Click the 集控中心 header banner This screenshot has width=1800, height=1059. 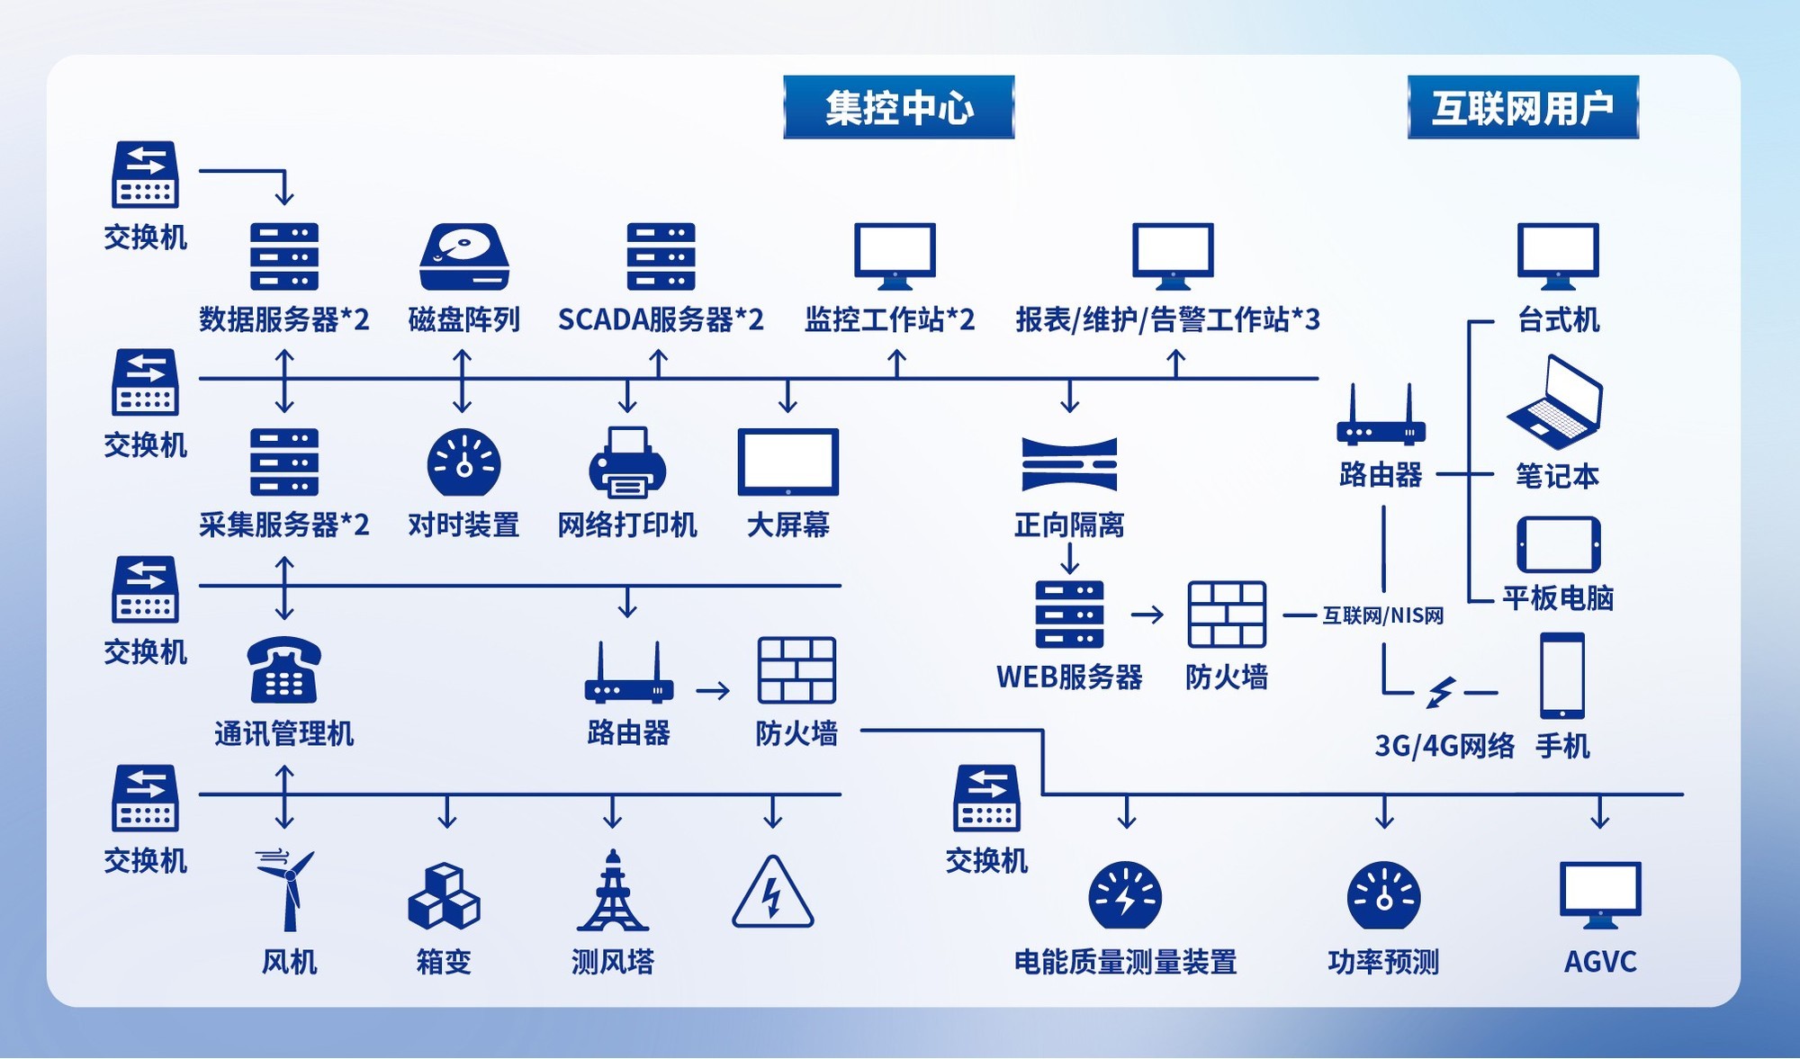(899, 107)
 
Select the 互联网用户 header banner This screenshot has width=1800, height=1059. (1523, 107)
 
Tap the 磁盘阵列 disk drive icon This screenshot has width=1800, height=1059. (464, 256)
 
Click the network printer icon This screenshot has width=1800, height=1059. (627, 462)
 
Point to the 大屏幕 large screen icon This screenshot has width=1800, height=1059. (788, 462)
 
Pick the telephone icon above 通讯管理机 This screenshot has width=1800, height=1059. (284, 669)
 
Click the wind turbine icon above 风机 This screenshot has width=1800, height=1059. (286, 890)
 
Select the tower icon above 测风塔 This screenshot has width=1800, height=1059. (613, 890)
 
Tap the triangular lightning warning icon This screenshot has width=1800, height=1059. (773, 893)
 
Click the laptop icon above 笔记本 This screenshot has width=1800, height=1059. (1555, 402)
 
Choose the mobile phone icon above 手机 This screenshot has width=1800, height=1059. (1562, 676)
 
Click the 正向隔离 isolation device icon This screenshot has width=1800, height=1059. (1069, 464)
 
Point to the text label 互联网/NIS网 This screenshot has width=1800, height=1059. (1383, 615)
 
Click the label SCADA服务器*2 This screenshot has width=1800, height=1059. (661, 319)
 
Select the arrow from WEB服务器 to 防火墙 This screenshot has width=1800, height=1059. (1147, 615)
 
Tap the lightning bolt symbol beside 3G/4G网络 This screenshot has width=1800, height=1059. (1441, 693)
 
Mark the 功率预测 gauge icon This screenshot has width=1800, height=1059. (1384, 896)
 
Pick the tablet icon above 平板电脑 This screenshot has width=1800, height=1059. (1559, 545)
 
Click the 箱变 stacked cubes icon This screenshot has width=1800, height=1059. (444, 896)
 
